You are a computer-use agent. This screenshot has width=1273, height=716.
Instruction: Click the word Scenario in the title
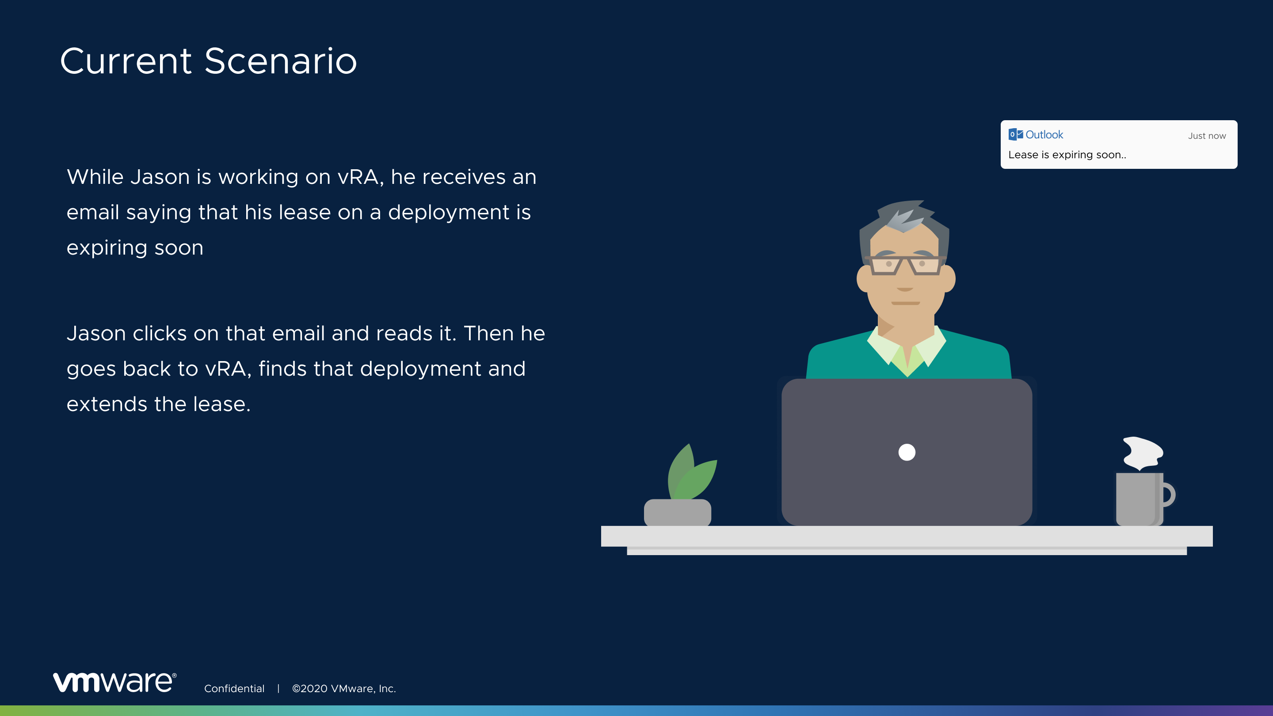(x=280, y=61)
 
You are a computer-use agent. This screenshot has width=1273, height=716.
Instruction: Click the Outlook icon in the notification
(x=1016, y=134)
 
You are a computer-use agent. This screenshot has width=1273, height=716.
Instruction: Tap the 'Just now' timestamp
(x=1207, y=136)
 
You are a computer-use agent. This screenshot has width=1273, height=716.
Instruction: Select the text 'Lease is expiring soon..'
(x=1067, y=155)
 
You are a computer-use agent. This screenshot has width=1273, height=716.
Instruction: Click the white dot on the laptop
(x=907, y=452)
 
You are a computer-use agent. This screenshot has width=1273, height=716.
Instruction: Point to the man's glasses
(x=905, y=265)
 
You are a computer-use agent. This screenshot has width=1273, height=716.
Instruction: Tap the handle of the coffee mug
(x=1169, y=495)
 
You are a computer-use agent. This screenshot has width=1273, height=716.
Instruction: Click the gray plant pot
(x=678, y=512)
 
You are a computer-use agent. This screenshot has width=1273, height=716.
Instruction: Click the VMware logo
(x=114, y=682)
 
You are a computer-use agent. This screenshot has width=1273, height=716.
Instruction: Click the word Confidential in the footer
(x=234, y=688)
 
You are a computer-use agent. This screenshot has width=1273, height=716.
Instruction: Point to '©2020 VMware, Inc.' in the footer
(x=344, y=688)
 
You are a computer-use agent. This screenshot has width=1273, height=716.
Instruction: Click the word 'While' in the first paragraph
(x=95, y=177)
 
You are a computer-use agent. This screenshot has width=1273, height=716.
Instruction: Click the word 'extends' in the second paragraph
(x=107, y=404)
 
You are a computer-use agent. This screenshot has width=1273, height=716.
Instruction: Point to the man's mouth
(x=905, y=303)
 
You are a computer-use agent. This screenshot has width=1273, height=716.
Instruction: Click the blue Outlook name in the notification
(x=1044, y=134)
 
